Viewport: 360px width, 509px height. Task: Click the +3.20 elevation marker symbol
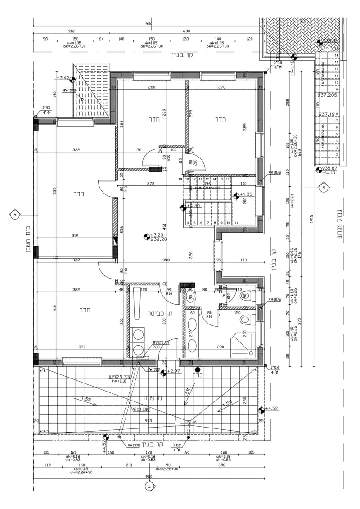[x=146, y=235]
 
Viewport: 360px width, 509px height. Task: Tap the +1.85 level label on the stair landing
[x=246, y=194]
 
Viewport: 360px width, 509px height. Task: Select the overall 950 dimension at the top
[x=149, y=24]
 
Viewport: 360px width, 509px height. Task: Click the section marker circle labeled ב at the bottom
[x=149, y=486]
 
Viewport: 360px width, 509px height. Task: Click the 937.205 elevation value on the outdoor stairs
[x=327, y=95]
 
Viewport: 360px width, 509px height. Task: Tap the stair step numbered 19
[x=180, y=179]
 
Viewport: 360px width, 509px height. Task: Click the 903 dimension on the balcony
[x=149, y=421]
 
